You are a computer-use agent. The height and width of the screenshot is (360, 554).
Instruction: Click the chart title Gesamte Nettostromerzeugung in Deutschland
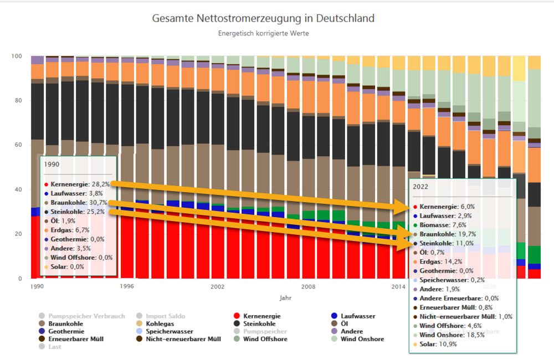(263, 18)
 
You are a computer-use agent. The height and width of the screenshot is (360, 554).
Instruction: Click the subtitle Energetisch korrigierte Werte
(263, 33)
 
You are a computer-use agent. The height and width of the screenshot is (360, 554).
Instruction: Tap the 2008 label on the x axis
(308, 286)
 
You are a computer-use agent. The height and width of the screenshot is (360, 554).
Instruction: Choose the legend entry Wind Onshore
(362, 339)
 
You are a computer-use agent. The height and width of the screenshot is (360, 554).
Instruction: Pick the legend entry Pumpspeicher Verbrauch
(85, 316)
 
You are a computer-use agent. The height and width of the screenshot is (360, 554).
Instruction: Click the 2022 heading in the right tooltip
(423, 187)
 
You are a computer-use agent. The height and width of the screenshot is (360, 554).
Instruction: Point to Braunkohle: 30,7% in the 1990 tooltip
(78, 203)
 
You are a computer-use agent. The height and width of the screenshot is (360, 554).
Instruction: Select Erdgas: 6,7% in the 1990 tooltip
(70, 230)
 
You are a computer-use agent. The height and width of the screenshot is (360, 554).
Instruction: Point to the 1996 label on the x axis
(127, 286)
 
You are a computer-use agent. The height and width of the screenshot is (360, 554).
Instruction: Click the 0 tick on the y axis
(19, 279)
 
